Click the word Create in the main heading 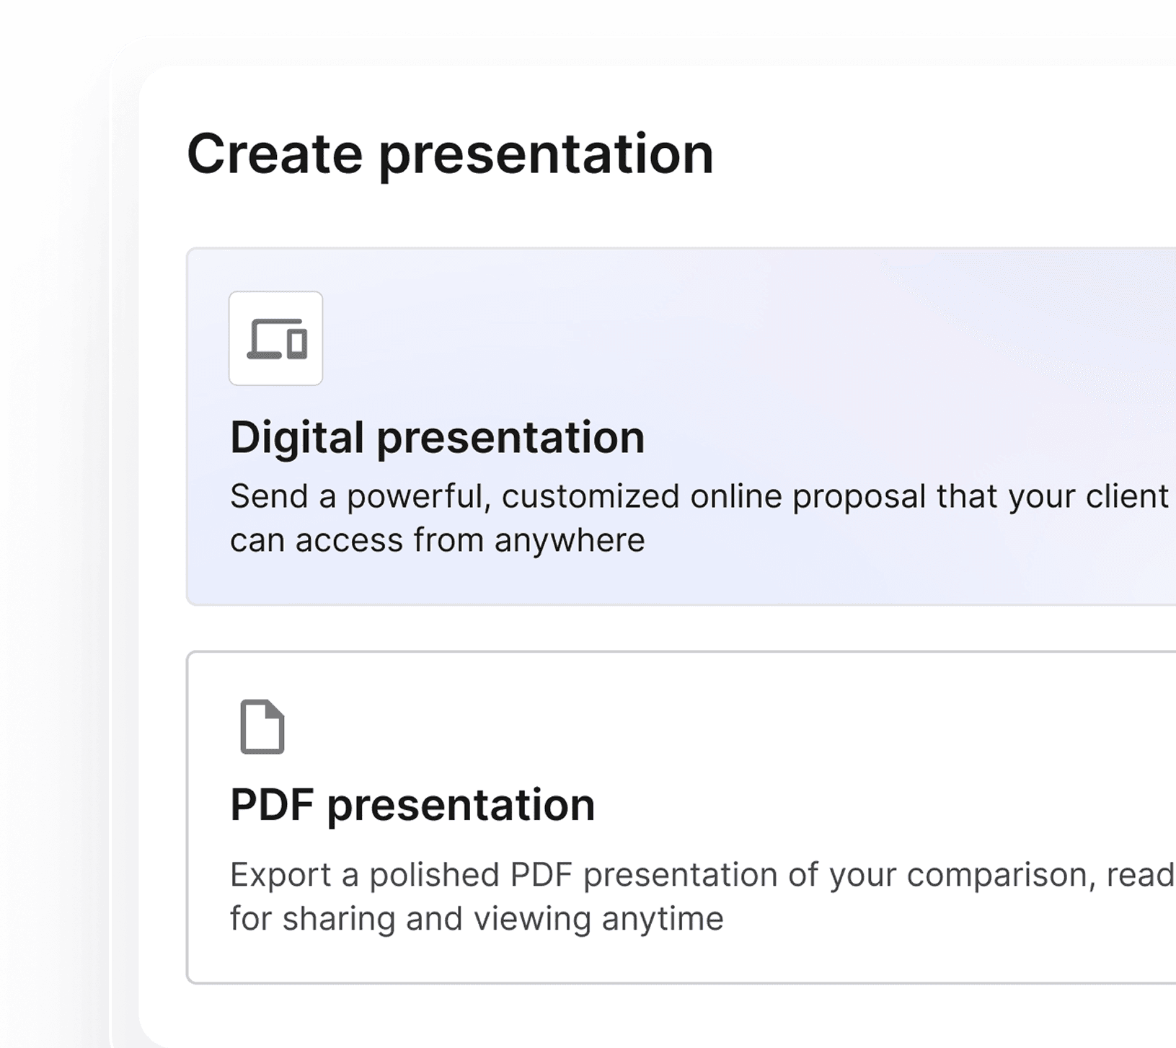(275, 154)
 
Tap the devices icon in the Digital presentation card (277, 338)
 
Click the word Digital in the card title (297, 438)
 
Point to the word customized (591, 497)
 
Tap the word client (1127, 496)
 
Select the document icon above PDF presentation (262, 727)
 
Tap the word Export (281, 876)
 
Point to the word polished (435, 875)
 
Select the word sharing (339, 920)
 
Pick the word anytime (663, 920)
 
